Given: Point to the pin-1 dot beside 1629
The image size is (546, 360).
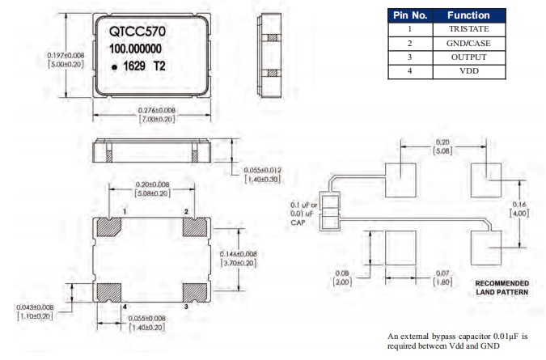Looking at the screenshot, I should (116, 69).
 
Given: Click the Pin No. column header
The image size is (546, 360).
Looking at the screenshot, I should (409, 15).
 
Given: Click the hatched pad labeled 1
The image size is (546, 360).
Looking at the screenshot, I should (108, 227).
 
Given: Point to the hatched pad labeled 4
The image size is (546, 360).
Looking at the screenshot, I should (108, 291).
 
